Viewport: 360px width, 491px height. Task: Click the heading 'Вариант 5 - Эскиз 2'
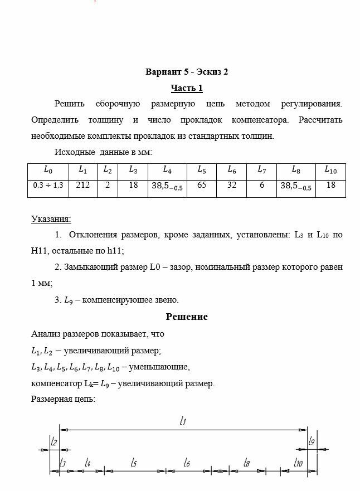pos(187,72)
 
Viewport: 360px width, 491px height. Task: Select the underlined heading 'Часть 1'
pos(187,88)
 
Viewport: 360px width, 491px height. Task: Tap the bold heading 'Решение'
pos(187,317)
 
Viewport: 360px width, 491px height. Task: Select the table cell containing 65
pos(202,185)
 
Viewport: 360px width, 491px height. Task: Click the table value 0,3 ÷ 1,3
pos(48,186)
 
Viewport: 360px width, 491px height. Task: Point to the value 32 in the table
pos(231,185)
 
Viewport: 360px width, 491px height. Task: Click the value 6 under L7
pos(261,185)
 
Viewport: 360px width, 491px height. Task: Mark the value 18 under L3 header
pos(133,185)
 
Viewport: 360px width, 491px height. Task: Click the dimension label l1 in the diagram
pos(183,422)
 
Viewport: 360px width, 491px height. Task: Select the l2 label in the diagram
pos(54,441)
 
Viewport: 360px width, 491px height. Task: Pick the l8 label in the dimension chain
pos(246,463)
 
